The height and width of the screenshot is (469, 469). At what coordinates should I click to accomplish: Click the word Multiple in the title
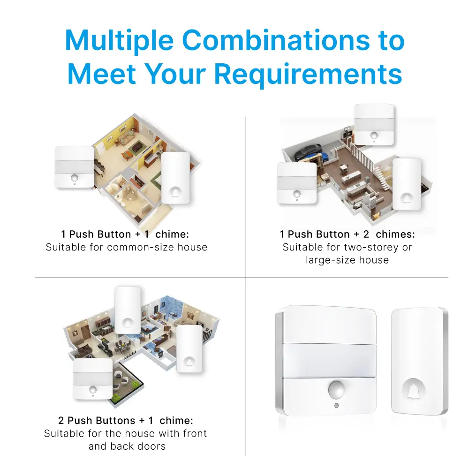(119, 41)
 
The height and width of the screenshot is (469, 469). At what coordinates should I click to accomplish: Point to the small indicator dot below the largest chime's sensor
(335, 405)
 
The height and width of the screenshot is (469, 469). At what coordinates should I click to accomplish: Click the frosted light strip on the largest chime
(327, 360)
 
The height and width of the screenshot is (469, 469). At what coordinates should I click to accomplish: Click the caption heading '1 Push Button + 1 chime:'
(125, 234)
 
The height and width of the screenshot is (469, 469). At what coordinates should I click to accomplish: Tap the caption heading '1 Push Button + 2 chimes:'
(347, 234)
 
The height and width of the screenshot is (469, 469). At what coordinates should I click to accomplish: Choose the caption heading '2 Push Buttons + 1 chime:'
(125, 421)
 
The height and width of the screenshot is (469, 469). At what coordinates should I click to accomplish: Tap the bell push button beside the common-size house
(175, 178)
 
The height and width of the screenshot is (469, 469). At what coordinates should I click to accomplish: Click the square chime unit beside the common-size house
(75, 167)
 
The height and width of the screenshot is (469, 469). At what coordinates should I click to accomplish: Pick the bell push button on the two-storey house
(407, 184)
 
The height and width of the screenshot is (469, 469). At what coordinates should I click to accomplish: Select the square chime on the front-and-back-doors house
(92, 379)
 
